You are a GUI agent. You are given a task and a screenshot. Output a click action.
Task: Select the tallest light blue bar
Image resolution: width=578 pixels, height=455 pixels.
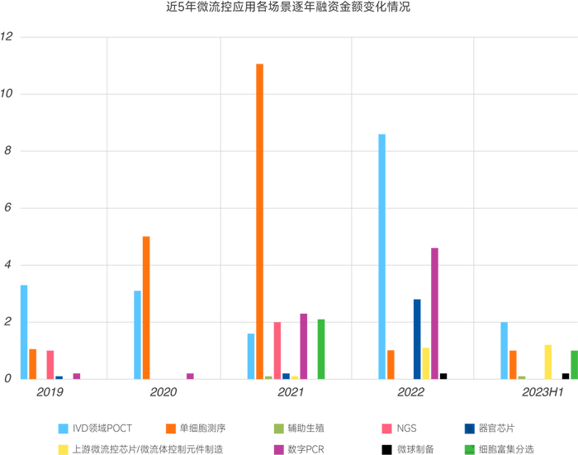381,255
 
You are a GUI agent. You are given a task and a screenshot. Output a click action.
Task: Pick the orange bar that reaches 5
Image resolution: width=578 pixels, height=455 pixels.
146,306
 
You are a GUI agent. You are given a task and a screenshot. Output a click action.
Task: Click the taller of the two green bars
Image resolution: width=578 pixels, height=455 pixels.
321,348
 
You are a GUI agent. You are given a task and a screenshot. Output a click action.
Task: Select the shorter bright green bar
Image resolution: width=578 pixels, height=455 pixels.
572,363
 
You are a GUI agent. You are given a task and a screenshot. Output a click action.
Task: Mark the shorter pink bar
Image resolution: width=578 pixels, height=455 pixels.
50,363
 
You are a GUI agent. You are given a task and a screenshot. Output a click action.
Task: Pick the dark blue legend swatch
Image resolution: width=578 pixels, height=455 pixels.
470,428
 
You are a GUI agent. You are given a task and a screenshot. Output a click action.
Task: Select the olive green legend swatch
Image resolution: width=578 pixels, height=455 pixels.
279,428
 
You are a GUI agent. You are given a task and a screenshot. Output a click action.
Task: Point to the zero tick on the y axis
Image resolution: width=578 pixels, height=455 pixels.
7,379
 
